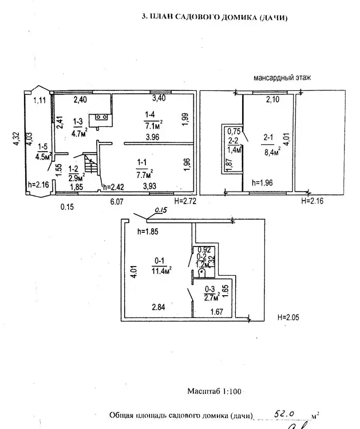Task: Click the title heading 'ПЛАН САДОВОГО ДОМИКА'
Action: click(215, 18)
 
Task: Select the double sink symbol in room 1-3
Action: click(104, 117)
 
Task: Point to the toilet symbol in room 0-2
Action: click(202, 273)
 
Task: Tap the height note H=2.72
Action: click(185, 201)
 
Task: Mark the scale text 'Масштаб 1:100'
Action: click(215, 391)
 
